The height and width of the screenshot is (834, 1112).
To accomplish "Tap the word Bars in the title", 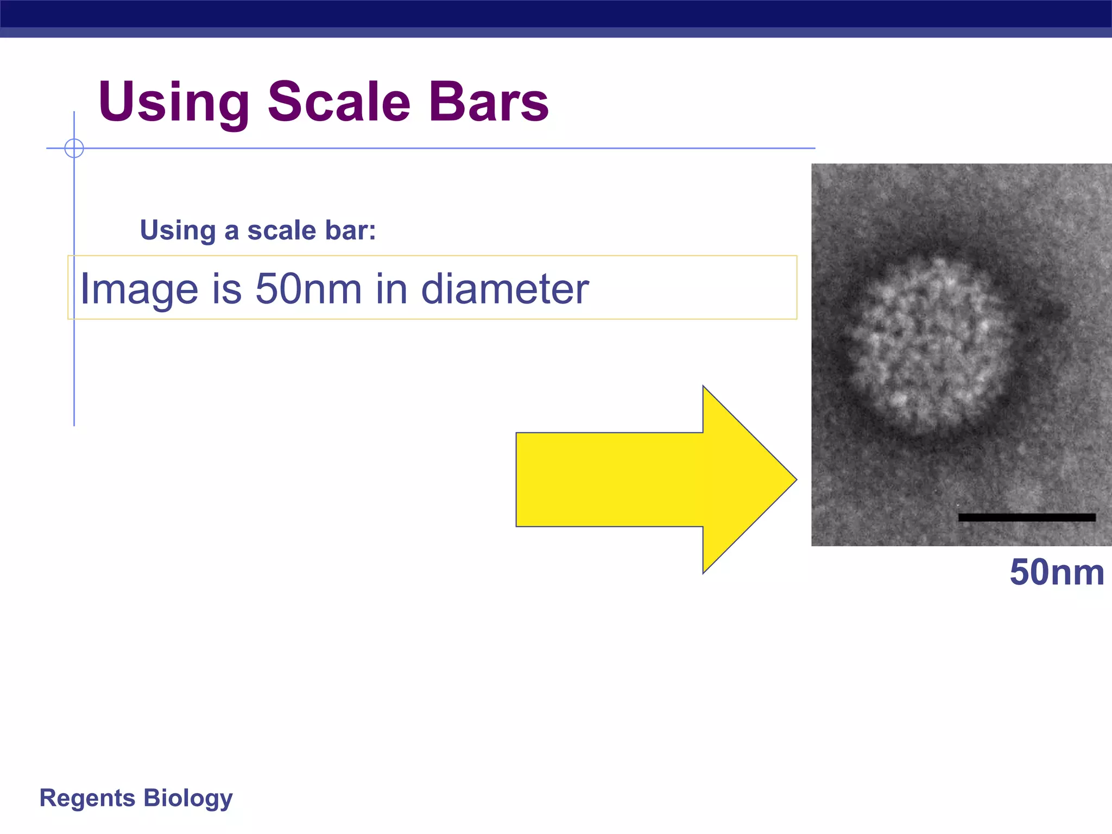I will pos(489,102).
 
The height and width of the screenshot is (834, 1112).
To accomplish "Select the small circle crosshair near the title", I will pos(74,148).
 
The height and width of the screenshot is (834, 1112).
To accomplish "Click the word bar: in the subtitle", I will pos(351,230).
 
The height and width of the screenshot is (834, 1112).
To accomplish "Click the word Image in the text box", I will pos(139,289).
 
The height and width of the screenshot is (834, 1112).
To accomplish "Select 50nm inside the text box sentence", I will pos(308,289).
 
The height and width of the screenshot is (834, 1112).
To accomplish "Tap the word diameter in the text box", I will pos(505,289).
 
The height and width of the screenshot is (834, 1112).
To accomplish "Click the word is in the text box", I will pos(226,289).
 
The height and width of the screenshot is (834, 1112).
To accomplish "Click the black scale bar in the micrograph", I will pos(1027,517).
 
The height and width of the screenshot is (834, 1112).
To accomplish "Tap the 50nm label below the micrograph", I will pos(1057,572).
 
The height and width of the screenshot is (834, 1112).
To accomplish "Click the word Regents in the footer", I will pos(87,798).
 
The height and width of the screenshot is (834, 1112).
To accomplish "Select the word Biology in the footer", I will pos(188,798).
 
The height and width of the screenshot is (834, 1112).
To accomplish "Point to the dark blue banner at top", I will pos(556,14).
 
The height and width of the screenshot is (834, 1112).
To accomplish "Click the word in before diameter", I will pos(391,289).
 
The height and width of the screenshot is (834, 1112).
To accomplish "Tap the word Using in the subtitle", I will pos(178,230).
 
